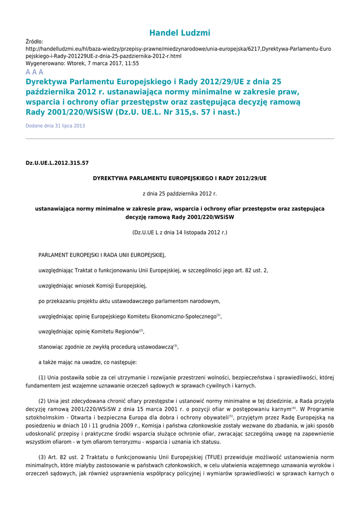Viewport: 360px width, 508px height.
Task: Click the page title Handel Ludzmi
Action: click(180, 33)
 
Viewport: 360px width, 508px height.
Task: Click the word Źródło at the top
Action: click(34, 42)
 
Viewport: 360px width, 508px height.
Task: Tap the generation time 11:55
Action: click(132, 63)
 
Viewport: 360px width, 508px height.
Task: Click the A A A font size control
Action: click(34, 72)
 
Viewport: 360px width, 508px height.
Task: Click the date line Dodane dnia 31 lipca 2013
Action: click(55, 126)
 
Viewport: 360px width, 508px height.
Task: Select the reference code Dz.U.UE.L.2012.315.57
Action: click(57, 163)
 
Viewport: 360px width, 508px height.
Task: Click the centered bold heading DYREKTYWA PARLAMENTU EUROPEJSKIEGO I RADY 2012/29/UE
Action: click(180, 178)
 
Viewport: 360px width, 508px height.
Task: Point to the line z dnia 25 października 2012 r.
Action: click(180, 193)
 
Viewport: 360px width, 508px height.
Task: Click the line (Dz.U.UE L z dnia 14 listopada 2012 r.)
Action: click(180, 232)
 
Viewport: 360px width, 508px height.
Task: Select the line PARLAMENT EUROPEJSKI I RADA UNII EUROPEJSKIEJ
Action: click(102, 255)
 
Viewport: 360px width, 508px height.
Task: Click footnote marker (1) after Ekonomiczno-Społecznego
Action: click(218, 315)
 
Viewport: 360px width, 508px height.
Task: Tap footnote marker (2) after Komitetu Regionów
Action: click(141, 330)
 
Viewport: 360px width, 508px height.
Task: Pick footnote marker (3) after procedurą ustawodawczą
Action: click(175, 346)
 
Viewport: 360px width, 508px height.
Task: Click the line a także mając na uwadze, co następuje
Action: click(84, 362)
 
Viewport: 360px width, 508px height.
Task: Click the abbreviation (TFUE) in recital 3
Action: click(222, 457)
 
